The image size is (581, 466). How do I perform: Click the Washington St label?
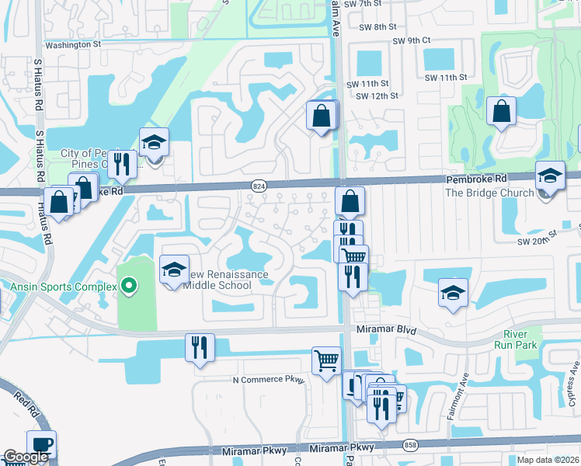point(73,45)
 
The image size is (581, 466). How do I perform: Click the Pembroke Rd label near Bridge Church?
point(476,179)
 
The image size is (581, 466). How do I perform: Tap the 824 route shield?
point(259,185)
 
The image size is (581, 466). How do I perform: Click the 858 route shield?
point(409,445)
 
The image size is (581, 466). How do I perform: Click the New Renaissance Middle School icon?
point(174,270)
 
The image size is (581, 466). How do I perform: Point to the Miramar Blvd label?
point(382,329)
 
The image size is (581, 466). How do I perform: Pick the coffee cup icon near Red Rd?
point(41,444)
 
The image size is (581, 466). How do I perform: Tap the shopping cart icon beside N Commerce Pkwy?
point(326,360)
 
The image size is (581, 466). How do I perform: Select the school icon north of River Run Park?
point(452,293)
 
